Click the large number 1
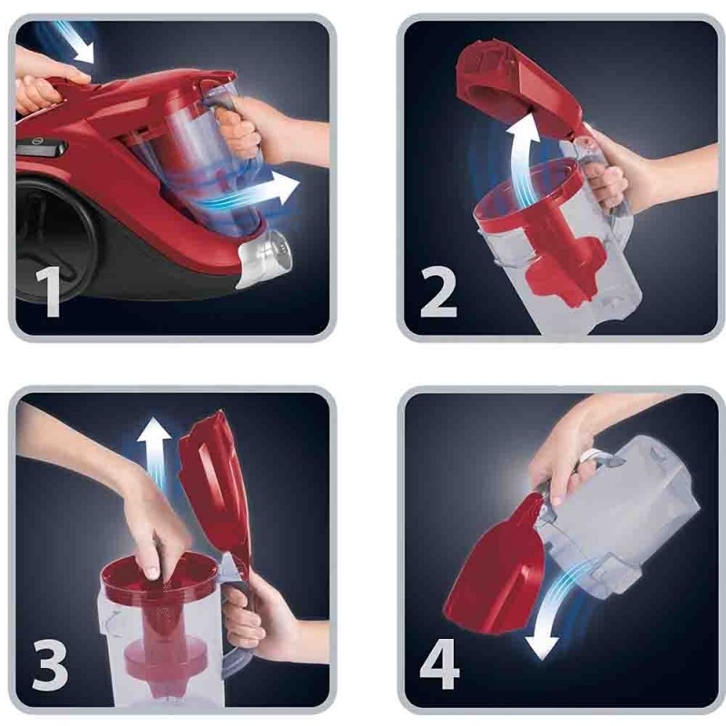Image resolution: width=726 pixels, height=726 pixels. click(49, 291)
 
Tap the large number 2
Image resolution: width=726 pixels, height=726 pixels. click(438, 291)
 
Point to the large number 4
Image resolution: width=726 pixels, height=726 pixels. click(439, 665)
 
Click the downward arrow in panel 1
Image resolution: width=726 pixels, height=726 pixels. click(76, 43)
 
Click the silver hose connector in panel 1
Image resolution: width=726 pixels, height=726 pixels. click(265, 258)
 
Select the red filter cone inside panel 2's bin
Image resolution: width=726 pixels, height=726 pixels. click(555, 250)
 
